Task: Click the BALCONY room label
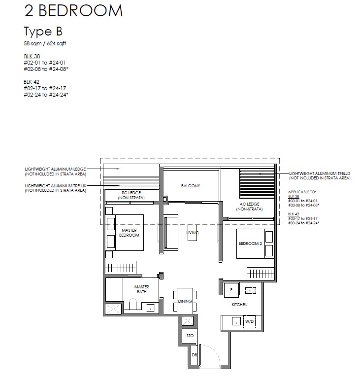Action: (191, 186)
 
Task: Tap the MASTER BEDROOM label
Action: (129, 233)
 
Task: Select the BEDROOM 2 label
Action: (250, 243)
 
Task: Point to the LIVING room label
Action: (193, 233)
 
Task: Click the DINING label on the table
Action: (185, 301)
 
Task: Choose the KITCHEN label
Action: (239, 305)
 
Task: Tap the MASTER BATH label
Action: (142, 289)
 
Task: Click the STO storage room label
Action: (190, 336)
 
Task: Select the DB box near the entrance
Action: (194, 355)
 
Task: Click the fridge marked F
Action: (231, 290)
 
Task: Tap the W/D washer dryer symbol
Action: (249, 321)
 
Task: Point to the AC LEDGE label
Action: (250, 207)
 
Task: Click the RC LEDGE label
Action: (131, 195)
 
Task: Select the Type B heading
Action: (43, 32)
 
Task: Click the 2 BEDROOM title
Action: (73, 11)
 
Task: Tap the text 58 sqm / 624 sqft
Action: (45, 43)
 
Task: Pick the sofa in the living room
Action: (171, 233)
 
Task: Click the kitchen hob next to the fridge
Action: (251, 290)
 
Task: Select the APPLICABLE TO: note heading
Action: (302, 192)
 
